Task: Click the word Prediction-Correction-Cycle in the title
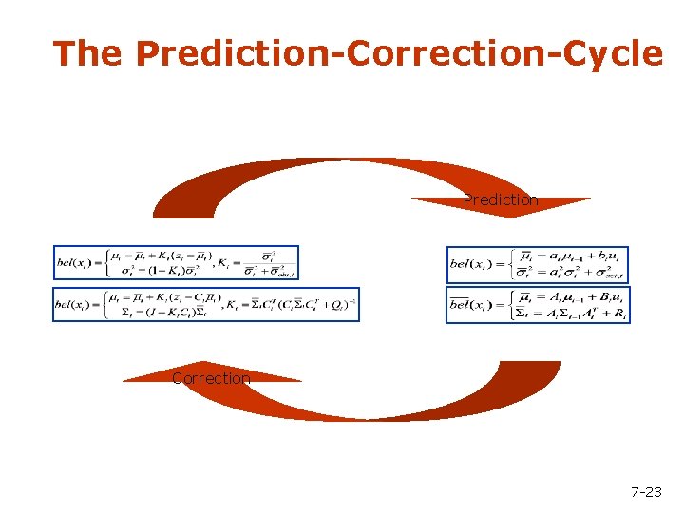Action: coord(399,53)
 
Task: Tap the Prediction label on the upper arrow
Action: coord(500,199)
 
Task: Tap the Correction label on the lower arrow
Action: coord(211,378)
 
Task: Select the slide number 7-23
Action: coord(646,491)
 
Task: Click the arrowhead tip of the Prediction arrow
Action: coord(509,216)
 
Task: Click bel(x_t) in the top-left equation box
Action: coord(77,263)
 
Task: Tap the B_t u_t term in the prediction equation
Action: coord(603,297)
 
